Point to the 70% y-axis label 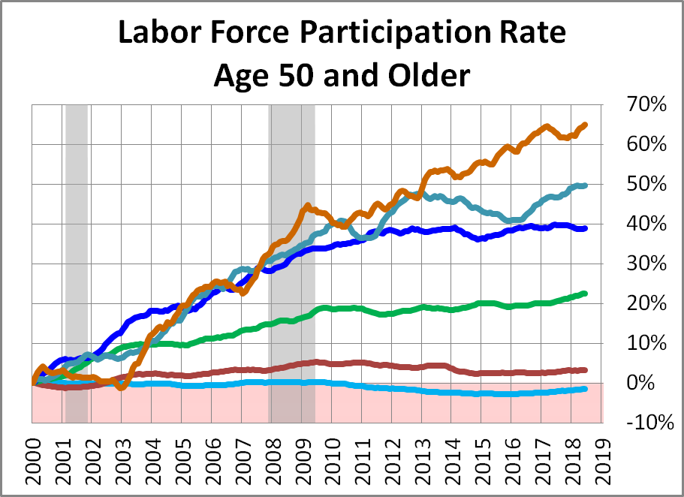tap(646, 105)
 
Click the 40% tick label tap(646, 224)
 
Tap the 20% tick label tap(646, 303)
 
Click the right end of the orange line tap(585, 125)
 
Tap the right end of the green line tap(585, 294)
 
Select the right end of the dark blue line tap(585, 228)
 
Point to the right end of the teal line tap(585, 185)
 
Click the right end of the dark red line tap(585, 369)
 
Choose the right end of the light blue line tap(585, 388)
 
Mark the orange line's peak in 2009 tap(306, 205)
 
